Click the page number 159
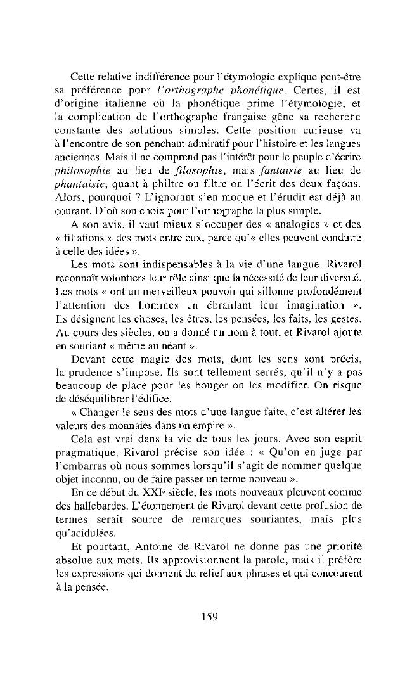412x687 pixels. pyautogui.click(x=206, y=615)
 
